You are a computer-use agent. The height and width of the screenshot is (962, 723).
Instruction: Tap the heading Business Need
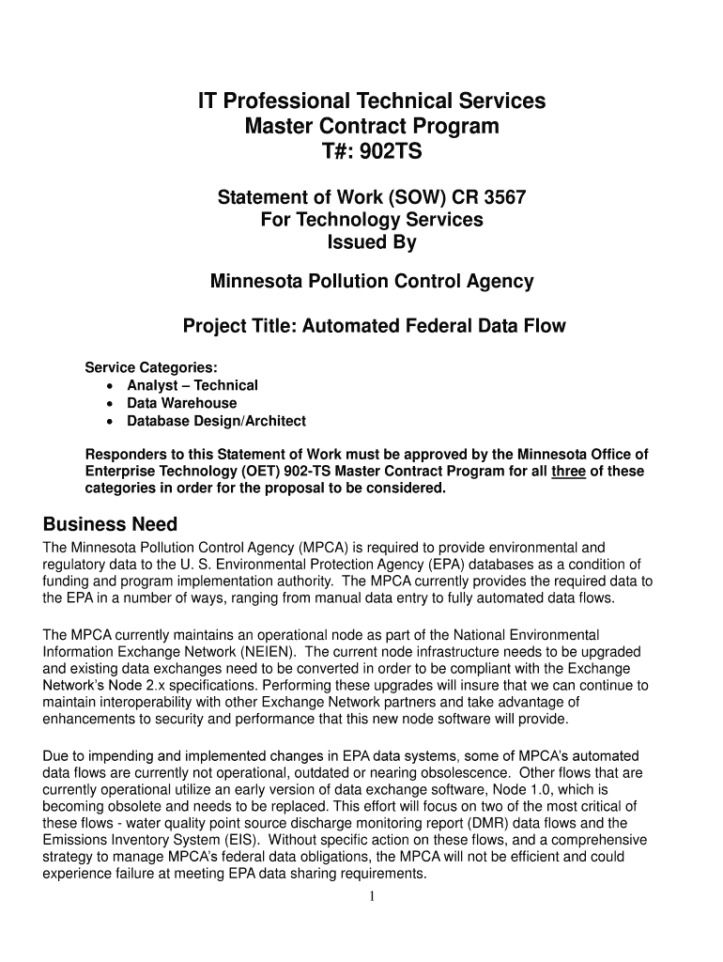(x=111, y=524)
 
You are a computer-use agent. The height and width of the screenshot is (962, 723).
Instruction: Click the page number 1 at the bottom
(x=372, y=896)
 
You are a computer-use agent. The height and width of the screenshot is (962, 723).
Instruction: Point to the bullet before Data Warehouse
(x=113, y=404)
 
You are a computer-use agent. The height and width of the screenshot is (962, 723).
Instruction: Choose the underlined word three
(x=568, y=472)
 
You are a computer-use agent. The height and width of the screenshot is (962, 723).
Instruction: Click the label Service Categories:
(x=151, y=366)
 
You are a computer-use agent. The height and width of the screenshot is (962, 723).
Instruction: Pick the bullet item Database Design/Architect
(x=217, y=421)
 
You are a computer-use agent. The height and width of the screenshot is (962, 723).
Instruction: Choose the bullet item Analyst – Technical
(x=192, y=385)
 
